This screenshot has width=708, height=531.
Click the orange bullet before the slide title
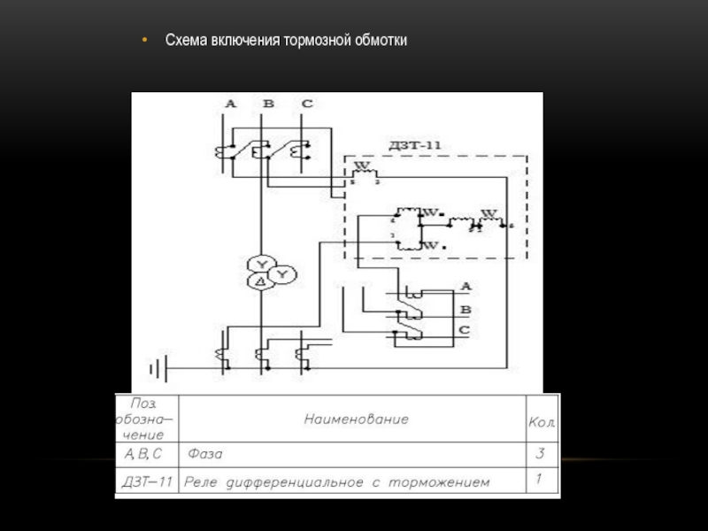click(x=147, y=42)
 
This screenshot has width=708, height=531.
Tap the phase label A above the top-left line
click(x=231, y=104)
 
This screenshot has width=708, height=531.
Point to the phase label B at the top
click(x=268, y=104)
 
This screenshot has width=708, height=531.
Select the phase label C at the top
click(x=306, y=104)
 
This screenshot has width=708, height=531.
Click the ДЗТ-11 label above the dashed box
click(x=409, y=144)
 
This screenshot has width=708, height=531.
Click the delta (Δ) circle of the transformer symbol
click(x=260, y=282)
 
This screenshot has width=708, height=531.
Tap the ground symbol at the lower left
click(x=157, y=366)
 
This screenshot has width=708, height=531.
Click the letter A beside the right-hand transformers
click(x=466, y=287)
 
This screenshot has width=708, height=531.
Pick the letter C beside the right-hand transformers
click(x=464, y=330)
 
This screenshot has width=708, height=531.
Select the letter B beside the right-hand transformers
click(x=466, y=309)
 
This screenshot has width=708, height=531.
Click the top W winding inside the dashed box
click(x=363, y=168)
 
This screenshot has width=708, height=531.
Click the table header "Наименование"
click(x=357, y=419)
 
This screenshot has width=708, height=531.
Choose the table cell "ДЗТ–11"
click(x=146, y=482)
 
